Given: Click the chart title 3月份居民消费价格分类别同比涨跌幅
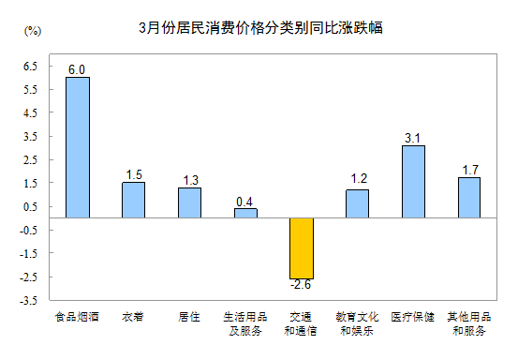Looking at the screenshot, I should [x=259, y=28].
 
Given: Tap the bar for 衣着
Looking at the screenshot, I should [x=133, y=200].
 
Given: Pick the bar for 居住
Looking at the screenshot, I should [x=189, y=202].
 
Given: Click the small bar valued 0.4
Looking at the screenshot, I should [x=245, y=213].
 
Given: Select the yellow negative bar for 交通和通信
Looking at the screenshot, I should [x=301, y=247].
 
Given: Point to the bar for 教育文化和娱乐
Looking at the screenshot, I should [x=357, y=203].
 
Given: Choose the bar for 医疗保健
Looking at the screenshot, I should [x=413, y=182].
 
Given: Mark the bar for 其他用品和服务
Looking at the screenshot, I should [x=469, y=198].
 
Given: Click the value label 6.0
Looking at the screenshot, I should [x=77, y=70].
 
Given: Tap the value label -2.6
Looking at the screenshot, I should [x=301, y=285].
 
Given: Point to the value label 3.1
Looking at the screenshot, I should [x=413, y=139].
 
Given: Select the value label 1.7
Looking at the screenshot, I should [x=469, y=171].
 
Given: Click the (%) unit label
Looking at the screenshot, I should [x=32, y=31].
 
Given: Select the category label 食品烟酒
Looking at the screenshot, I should [x=78, y=317].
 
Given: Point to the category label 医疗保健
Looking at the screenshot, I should [x=413, y=317].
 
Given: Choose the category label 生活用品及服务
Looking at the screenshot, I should [x=245, y=323].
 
